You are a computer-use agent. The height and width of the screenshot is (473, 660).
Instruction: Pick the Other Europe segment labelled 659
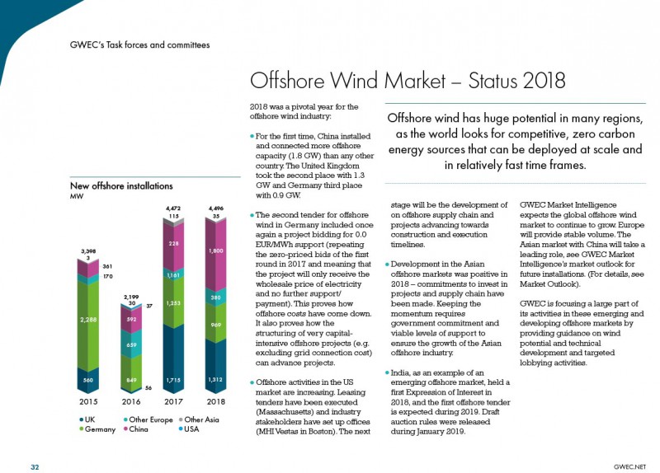click(x=131, y=344)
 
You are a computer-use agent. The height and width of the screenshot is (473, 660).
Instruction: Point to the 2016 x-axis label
click(x=131, y=401)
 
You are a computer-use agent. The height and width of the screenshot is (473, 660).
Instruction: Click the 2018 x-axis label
click(x=216, y=401)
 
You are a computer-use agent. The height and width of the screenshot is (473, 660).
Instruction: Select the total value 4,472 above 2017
click(x=173, y=208)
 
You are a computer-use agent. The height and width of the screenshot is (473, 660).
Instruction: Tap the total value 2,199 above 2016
click(x=131, y=297)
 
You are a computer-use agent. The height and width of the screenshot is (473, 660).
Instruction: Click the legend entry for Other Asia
click(x=199, y=419)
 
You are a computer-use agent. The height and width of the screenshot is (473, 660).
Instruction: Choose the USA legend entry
click(x=189, y=429)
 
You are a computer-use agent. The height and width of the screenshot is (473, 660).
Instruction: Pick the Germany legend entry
click(x=97, y=429)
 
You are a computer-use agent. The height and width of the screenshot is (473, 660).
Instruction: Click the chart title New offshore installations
click(x=121, y=186)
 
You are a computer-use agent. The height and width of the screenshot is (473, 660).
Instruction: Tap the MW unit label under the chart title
click(x=77, y=196)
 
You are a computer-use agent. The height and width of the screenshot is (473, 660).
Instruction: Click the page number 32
click(x=35, y=467)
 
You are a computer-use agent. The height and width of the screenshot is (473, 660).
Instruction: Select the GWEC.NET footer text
click(x=629, y=466)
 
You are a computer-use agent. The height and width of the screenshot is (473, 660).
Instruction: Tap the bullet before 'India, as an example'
click(x=387, y=373)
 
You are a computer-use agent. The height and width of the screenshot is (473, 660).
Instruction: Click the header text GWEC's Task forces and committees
click(x=139, y=45)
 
